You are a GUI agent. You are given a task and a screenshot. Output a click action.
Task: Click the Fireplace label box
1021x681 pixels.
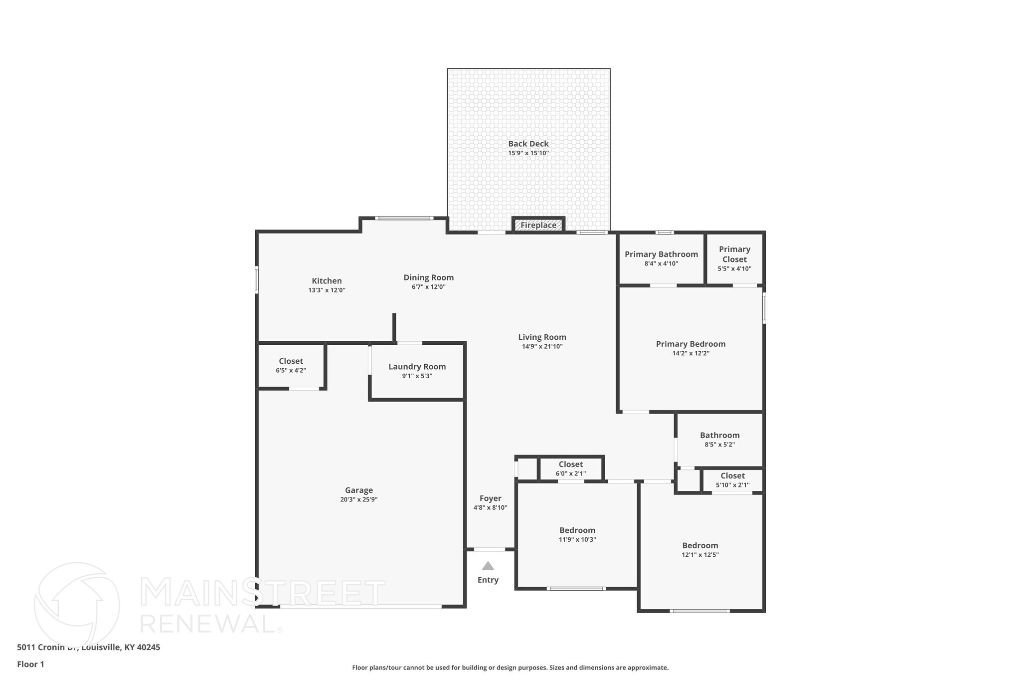point(538,225)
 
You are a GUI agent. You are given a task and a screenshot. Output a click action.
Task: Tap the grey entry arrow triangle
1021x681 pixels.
point(488,566)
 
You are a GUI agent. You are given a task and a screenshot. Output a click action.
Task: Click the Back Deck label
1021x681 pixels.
point(528,144)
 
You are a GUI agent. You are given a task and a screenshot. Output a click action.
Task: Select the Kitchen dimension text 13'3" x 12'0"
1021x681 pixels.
point(327,290)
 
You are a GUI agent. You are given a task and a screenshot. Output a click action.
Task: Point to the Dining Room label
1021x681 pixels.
point(429,277)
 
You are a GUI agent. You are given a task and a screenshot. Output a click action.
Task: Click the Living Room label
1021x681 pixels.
point(542,337)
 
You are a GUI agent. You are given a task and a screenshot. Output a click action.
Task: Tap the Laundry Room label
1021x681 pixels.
point(417,367)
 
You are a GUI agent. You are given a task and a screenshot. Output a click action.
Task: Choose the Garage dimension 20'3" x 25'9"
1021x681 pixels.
point(359,499)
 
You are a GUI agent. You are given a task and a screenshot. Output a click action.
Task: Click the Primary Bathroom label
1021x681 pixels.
point(661,254)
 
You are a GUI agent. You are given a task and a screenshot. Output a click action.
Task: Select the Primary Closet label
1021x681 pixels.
point(734,254)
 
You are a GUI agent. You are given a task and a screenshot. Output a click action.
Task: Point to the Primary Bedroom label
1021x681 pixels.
point(690,344)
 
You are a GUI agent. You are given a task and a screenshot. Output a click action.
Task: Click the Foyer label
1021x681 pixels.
point(490,498)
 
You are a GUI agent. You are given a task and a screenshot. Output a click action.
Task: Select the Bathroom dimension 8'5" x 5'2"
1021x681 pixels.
point(719,444)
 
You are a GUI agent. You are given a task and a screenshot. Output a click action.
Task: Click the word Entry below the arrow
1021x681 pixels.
point(488,580)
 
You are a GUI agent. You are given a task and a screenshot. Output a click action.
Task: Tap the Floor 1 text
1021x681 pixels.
point(30,664)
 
